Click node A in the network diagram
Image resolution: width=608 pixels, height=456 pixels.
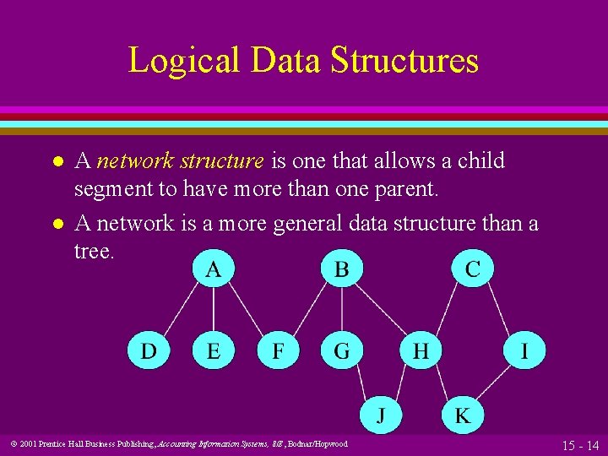click(x=214, y=269)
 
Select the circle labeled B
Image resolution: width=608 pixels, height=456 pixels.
click(x=341, y=269)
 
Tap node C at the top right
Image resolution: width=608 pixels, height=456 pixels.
click(x=472, y=269)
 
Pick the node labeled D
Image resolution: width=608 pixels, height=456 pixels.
click(x=149, y=350)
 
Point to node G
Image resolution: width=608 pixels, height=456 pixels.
click(x=341, y=350)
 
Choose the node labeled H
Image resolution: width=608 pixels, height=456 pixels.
click(x=420, y=350)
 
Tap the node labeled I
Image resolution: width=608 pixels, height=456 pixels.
click(x=525, y=350)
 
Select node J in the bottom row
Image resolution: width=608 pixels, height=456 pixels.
click(x=382, y=415)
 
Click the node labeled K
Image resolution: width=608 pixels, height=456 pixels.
click(x=463, y=415)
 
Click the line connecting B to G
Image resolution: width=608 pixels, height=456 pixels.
click(x=341, y=310)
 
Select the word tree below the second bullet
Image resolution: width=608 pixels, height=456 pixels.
click(x=92, y=252)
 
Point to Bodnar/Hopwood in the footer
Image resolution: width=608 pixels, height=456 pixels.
click(x=319, y=444)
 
